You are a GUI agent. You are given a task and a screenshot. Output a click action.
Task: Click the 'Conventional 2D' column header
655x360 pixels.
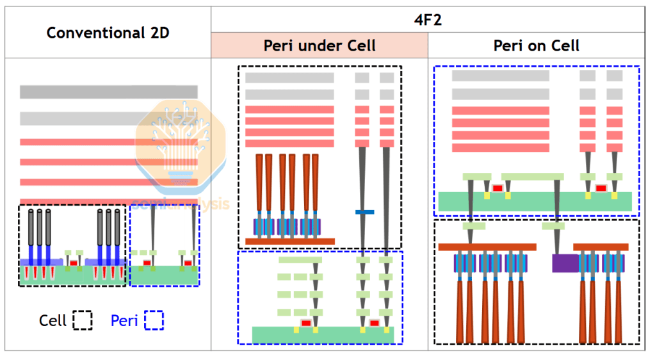(x=108, y=32)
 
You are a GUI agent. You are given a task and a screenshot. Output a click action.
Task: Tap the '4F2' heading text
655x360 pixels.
(x=428, y=19)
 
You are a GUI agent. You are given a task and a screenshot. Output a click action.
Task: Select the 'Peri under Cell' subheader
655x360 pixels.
(x=319, y=45)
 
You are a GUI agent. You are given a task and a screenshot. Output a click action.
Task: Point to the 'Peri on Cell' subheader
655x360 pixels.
(x=537, y=45)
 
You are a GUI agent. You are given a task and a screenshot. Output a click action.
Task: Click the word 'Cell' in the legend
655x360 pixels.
(x=53, y=320)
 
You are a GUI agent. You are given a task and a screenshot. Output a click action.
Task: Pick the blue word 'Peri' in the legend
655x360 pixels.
(x=124, y=320)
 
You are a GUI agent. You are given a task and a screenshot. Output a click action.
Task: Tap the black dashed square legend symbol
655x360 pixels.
(x=83, y=320)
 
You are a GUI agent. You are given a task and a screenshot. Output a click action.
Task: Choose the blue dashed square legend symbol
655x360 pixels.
(x=154, y=320)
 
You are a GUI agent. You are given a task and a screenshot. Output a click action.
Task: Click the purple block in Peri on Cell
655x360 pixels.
(x=565, y=263)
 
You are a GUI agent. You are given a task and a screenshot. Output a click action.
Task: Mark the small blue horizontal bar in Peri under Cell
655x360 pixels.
(x=364, y=212)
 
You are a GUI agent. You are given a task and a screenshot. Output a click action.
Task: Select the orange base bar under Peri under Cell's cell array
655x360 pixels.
(x=289, y=241)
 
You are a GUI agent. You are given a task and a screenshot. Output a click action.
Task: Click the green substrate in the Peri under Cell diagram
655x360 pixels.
(x=327, y=334)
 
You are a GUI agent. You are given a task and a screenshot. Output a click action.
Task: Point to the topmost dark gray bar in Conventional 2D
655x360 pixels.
(x=108, y=92)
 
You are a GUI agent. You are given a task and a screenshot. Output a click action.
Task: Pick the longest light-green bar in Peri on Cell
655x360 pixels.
(x=532, y=176)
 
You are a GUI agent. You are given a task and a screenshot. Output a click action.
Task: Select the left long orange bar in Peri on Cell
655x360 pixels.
(x=487, y=247)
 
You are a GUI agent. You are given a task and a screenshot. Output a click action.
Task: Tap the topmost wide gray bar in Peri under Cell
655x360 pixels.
(x=289, y=78)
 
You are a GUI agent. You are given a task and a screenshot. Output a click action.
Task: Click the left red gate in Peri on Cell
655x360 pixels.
(x=497, y=188)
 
